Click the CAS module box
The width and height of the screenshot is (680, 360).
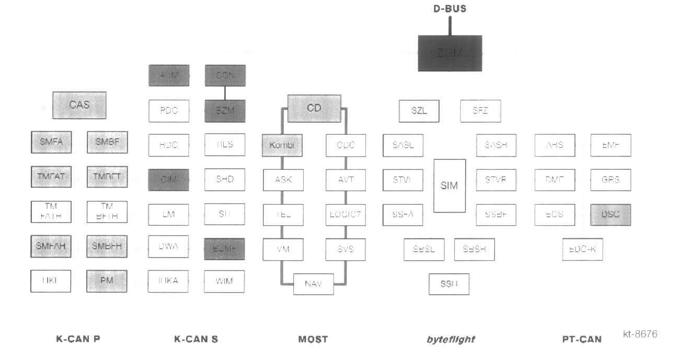click(x=79, y=105)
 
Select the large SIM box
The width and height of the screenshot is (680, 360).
click(x=450, y=185)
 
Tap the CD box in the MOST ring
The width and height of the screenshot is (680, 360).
click(x=314, y=108)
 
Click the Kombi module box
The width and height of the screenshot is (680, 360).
click(x=282, y=145)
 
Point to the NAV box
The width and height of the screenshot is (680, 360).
click(x=314, y=284)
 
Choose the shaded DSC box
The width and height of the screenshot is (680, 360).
click(x=610, y=215)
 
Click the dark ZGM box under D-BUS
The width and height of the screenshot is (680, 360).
click(x=450, y=53)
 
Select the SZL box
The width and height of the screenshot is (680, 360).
click(x=419, y=110)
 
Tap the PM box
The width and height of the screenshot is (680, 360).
click(x=107, y=281)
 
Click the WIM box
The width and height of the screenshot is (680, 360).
click(x=224, y=281)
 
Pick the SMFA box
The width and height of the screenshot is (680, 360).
click(x=51, y=141)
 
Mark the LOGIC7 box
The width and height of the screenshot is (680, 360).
click(x=345, y=214)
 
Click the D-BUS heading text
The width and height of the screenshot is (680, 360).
click(x=450, y=8)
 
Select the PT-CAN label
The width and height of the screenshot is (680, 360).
click(x=581, y=339)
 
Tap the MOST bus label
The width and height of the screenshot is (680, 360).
click(x=313, y=339)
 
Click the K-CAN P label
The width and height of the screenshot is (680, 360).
click(x=78, y=339)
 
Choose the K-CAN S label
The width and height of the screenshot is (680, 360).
click(x=196, y=339)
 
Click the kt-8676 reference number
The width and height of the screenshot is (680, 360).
click(x=640, y=334)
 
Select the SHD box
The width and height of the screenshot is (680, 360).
click(x=224, y=179)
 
